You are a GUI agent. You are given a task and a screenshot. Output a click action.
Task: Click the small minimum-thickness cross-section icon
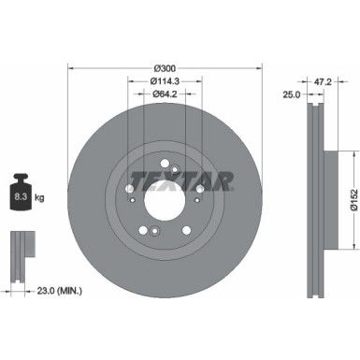tap(21, 252)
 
